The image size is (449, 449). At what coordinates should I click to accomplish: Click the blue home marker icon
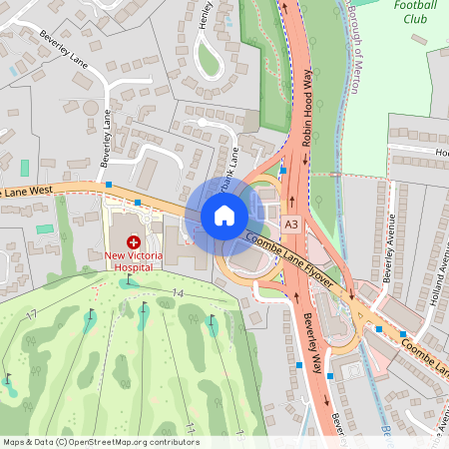click(224, 215)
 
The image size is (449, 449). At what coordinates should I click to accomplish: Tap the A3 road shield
click(290, 225)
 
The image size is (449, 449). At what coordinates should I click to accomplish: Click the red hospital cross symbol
click(132, 241)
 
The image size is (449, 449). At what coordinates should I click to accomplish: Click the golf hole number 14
click(178, 292)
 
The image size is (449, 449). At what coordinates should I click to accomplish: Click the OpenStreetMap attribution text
click(100, 442)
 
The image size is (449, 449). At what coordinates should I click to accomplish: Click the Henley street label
click(207, 16)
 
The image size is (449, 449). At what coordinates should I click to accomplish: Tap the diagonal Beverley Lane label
click(63, 48)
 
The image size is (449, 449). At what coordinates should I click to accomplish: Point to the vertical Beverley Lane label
click(106, 140)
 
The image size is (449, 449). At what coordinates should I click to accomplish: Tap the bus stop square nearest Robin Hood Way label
click(283, 170)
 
